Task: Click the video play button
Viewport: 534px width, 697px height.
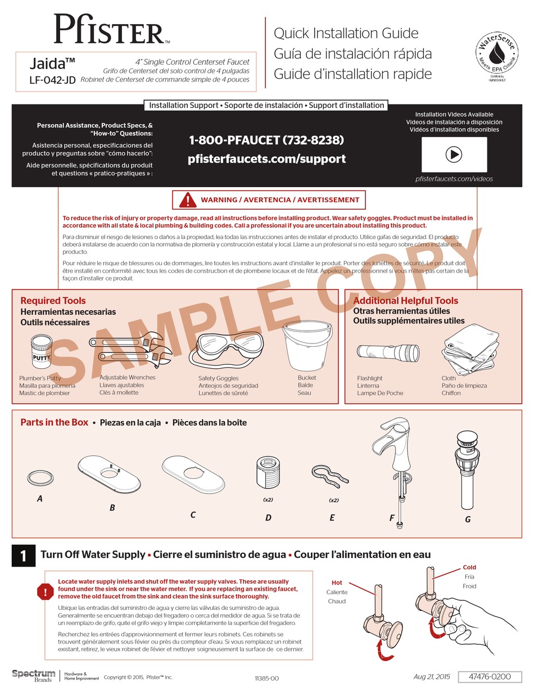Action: (454, 155)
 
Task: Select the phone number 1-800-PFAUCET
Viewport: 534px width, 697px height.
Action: (266, 140)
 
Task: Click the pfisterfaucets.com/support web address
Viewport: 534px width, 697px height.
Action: (266, 159)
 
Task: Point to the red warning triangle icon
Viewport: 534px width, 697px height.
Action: (187, 200)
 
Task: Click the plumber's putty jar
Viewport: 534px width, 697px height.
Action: (42, 351)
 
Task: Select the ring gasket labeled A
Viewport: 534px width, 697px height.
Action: (37, 478)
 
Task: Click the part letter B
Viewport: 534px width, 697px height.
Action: (112, 508)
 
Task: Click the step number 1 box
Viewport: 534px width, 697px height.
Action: (23, 555)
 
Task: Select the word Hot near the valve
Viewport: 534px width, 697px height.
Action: (337, 583)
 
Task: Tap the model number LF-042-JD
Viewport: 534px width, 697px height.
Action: (52, 80)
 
